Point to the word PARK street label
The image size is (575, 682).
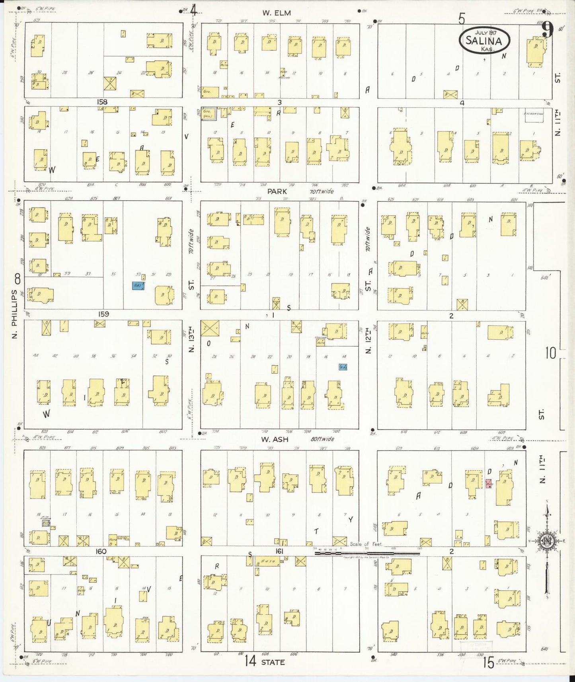pyautogui.click(x=277, y=191)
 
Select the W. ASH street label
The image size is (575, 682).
pyautogui.click(x=275, y=439)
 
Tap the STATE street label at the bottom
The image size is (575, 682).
pyautogui.click(x=273, y=662)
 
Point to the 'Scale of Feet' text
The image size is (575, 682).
pyautogui.click(x=366, y=544)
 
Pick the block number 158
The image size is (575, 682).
pyautogui.click(x=102, y=102)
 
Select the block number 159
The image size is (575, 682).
pyautogui.click(x=103, y=314)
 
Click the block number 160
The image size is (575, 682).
pyautogui.click(x=101, y=551)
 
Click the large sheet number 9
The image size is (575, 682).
pyautogui.click(x=548, y=30)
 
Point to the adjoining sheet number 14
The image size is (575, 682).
pyautogui.click(x=250, y=661)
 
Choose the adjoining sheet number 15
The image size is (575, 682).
pyautogui.click(x=488, y=663)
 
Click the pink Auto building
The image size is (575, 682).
pyautogui.click(x=489, y=484)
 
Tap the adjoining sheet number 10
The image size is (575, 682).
pyautogui.click(x=550, y=353)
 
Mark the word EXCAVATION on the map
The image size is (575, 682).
pyautogui.click(x=533, y=114)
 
